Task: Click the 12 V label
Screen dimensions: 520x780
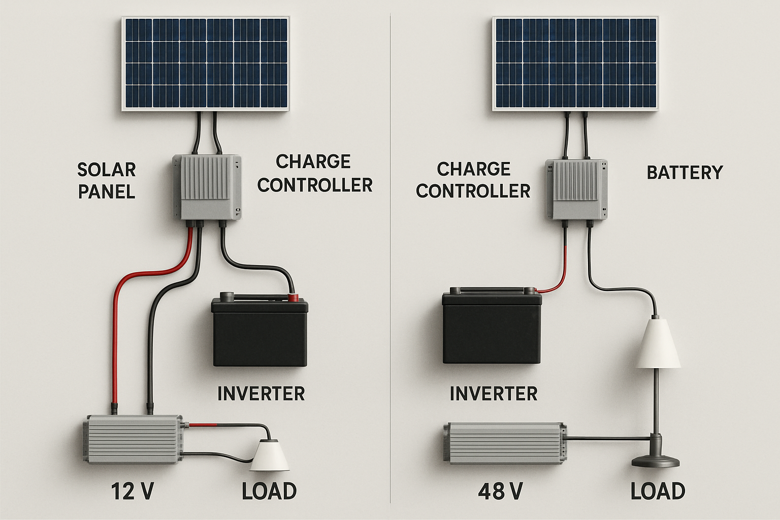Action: click(132, 492)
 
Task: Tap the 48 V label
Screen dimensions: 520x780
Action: click(500, 492)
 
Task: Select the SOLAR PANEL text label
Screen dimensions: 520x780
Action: click(107, 180)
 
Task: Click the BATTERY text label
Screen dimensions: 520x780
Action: click(685, 173)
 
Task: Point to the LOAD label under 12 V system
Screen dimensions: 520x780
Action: click(269, 492)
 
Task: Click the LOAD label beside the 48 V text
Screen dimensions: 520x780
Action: click(658, 492)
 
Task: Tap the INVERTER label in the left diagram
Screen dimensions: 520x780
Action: click(261, 394)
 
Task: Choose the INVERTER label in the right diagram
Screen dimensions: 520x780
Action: click(494, 394)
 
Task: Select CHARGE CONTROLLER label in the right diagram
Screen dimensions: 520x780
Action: click(473, 180)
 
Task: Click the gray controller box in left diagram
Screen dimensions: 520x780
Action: click(207, 187)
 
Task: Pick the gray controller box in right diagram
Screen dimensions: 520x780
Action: click(576, 188)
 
